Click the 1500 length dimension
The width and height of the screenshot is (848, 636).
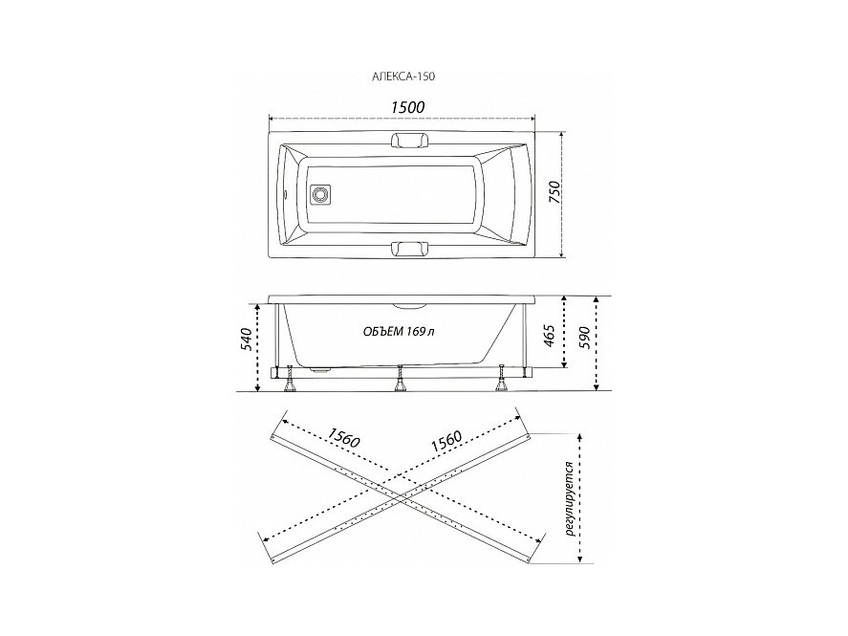408,107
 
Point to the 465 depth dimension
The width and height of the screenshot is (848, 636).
549,336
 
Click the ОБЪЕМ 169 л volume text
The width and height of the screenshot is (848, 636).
398,332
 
